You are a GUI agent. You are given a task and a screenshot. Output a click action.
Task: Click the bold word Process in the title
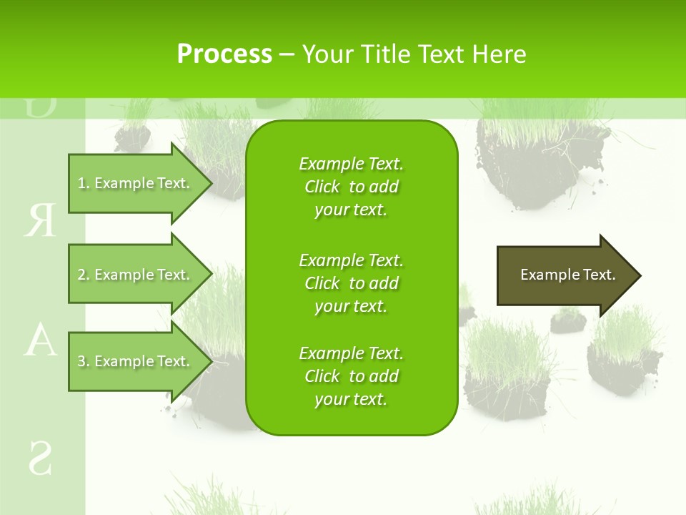pyautogui.click(x=224, y=54)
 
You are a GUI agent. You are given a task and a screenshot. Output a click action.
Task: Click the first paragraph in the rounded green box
pyautogui.click(x=351, y=187)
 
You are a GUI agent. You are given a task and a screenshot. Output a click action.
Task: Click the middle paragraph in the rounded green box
pyautogui.click(x=351, y=283)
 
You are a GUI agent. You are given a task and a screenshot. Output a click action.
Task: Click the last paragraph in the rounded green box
pyautogui.click(x=351, y=376)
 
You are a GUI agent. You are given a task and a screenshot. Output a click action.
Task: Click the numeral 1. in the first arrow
pyautogui.click(x=84, y=183)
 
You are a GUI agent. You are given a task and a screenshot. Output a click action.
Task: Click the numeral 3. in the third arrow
pyautogui.click(x=84, y=361)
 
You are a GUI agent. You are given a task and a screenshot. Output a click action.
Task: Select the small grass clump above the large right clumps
pyautogui.click(x=568, y=320)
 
